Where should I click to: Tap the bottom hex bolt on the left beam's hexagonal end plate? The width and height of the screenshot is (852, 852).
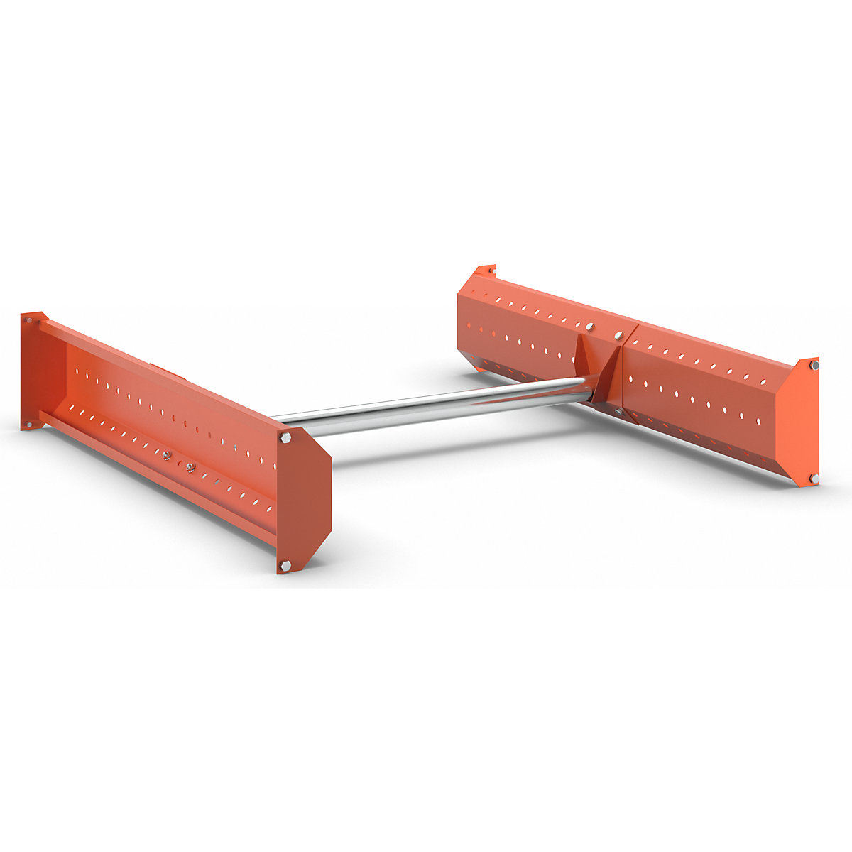285,565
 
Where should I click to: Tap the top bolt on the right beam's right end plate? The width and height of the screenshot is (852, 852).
814,366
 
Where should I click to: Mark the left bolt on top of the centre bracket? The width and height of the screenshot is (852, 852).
590,327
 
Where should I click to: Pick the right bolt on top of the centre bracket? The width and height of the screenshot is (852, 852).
618,335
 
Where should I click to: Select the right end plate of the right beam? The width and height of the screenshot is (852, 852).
799,422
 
